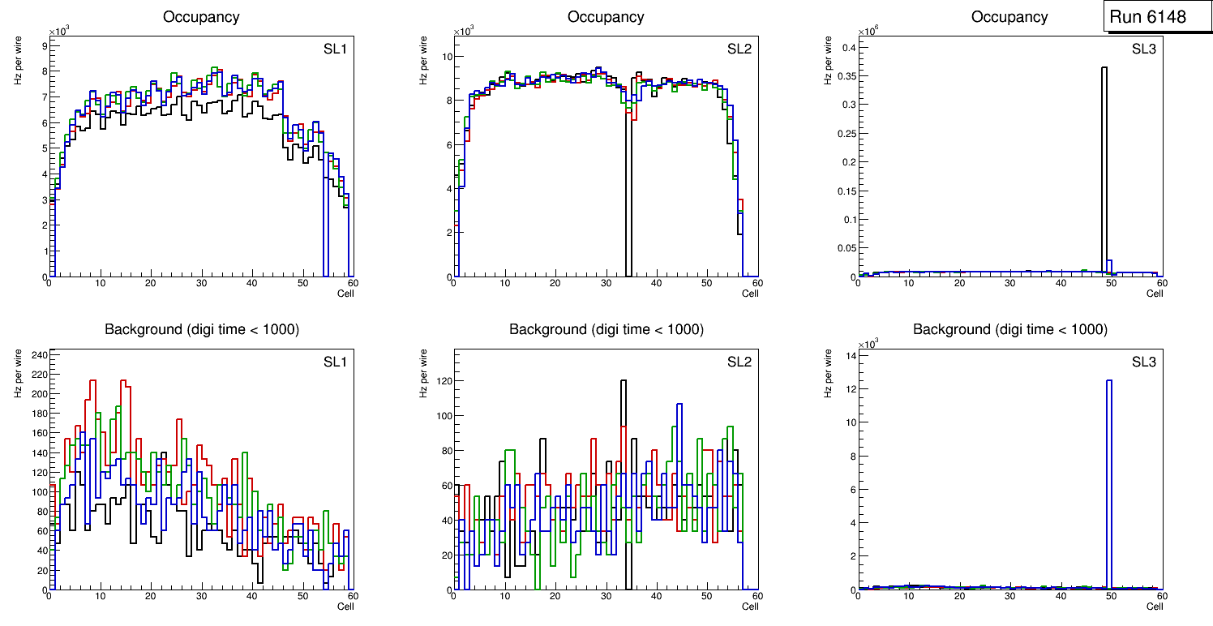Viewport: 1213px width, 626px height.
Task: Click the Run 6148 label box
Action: (x=1147, y=17)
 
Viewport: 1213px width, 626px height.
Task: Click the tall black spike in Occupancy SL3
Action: (x=1104, y=162)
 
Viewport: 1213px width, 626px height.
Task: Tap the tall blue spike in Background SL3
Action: (x=1109, y=478)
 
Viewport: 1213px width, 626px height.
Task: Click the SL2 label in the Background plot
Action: (x=739, y=362)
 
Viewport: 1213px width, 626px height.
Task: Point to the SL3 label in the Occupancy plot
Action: (x=1144, y=49)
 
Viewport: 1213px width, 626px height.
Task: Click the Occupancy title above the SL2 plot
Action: (x=606, y=17)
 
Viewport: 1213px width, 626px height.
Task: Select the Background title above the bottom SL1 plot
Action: (x=201, y=329)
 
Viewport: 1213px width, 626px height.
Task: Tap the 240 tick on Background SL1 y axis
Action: (x=37, y=354)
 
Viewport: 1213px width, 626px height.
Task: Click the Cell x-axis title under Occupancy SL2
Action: (x=750, y=294)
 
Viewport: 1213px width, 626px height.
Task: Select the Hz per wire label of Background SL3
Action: (x=829, y=373)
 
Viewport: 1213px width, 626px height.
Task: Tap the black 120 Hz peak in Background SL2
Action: (x=624, y=381)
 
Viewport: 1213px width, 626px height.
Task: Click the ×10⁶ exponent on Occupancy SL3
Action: (x=869, y=31)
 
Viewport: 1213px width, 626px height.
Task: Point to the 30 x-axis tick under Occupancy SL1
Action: (x=201, y=283)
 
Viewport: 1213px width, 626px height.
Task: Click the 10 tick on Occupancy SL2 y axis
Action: (x=445, y=57)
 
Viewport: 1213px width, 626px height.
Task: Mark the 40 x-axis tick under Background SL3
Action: (x=1061, y=596)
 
